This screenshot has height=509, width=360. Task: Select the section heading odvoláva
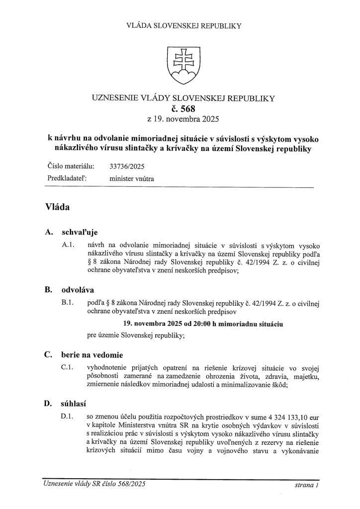pyautogui.click(x=78, y=290)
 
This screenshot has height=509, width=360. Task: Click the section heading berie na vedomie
pyautogui.click(x=92, y=355)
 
